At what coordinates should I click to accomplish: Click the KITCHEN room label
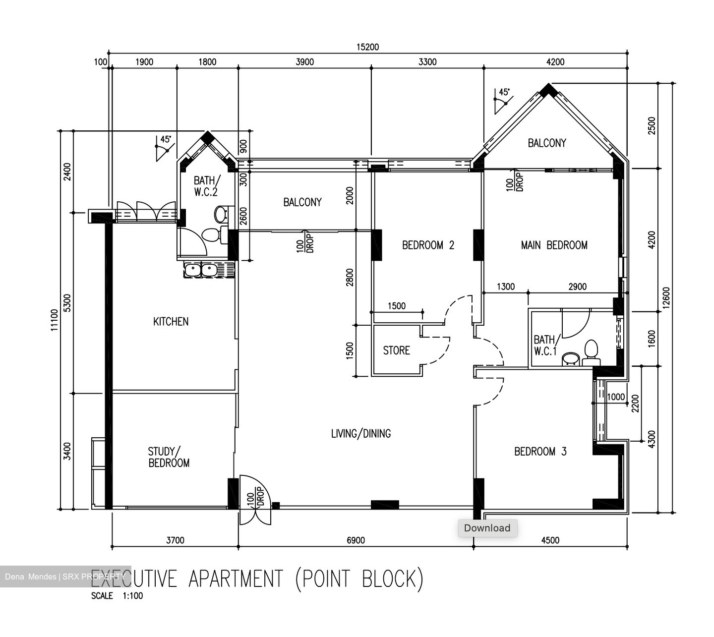pos(171,322)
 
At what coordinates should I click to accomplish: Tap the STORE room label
pos(396,350)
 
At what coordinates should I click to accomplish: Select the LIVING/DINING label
pos(360,434)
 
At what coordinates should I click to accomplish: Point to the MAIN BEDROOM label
pos(554,245)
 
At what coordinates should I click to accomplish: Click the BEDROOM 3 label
pos(540,452)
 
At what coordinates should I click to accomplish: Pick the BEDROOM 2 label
pos(428,245)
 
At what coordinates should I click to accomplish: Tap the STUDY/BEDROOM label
pos(169,457)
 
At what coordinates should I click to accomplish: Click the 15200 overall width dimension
pos(367,47)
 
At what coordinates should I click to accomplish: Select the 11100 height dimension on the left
pos(54,320)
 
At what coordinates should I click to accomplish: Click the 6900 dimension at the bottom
pos(356,540)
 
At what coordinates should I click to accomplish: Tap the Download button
pos(487,528)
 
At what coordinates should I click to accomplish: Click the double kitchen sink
pos(201,270)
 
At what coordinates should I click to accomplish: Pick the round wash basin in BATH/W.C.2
pos(221,215)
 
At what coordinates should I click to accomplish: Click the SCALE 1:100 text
pos(117,596)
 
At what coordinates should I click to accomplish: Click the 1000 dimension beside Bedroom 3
pos(616,397)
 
